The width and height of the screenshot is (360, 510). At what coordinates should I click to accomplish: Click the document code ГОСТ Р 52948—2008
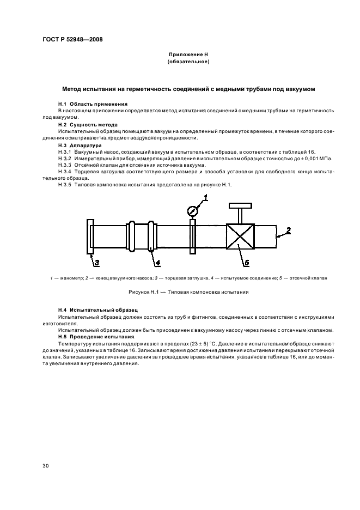click(72, 40)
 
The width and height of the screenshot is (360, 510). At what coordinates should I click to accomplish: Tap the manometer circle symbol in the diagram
click(192, 210)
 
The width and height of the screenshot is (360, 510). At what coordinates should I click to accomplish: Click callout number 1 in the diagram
click(206, 197)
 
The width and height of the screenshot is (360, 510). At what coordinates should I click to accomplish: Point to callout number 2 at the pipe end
click(288, 230)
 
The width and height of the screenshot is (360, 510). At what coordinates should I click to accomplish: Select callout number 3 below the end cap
click(96, 263)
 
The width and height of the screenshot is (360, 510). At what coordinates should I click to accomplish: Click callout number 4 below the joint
click(157, 263)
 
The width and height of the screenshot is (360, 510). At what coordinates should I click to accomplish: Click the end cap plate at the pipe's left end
click(90, 236)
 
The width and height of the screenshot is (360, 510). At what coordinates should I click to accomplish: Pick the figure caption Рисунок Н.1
click(188, 292)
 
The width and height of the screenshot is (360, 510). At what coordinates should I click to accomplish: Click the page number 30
click(46, 466)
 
